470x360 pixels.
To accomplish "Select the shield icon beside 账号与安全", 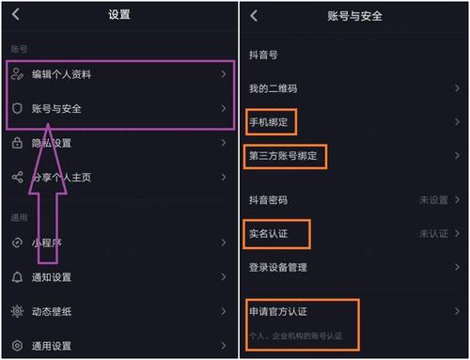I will coord(17,109).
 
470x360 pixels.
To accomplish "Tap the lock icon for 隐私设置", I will coord(17,143).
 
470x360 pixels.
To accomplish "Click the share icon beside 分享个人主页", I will coord(17,177).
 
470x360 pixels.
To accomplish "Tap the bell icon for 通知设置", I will coord(17,277).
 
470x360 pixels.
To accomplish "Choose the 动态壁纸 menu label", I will coord(53,311).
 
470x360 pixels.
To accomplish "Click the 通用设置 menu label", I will coord(53,346).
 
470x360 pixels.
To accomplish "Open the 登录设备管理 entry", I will coord(278,267).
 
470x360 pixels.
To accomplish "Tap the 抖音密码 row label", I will coord(268,199).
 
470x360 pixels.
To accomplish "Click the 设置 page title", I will coord(119,15).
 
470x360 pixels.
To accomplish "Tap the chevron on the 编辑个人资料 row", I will coord(223,73).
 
